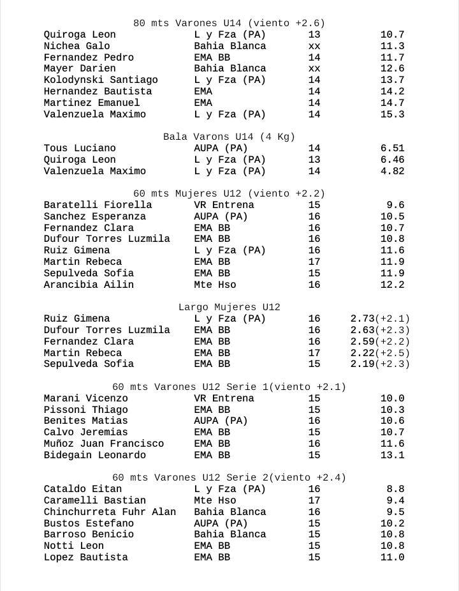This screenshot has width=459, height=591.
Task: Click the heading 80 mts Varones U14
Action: [229, 24]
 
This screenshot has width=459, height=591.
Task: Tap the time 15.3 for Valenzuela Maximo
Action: [392, 114]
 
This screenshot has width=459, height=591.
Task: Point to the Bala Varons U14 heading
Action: [229, 137]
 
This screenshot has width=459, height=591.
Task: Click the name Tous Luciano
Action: [80, 148]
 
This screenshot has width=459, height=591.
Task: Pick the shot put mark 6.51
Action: [392, 148]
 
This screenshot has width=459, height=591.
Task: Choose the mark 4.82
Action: [392, 171]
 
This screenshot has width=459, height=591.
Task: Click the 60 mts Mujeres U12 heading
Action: [229, 194]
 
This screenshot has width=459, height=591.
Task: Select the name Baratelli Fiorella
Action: [98, 205]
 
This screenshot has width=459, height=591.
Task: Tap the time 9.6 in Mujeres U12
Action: [395, 205]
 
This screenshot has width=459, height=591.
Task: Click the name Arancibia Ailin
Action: [89, 285]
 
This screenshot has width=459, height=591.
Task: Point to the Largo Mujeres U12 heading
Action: [229, 308]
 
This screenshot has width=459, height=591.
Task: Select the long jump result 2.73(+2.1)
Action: [380, 318]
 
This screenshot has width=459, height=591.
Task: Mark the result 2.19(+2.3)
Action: [380, 364]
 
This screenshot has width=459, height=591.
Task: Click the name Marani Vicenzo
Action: [85, 398]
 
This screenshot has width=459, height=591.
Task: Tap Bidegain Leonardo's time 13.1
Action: [392, 455]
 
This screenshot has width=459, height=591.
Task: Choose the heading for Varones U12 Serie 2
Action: [229, 478]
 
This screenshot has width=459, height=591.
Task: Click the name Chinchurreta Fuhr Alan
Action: [110, 512]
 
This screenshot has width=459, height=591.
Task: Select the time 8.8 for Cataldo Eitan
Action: [395, 489]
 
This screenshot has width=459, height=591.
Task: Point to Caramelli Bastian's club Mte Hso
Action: [215, 500]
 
